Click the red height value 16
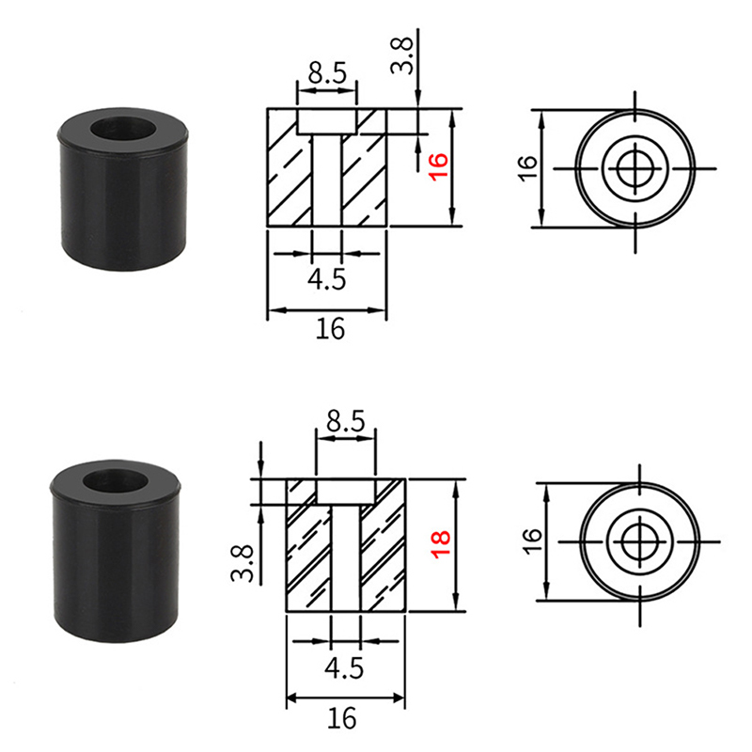(x=439, y=167)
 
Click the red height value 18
(x=441, y=544)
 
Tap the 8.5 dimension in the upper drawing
(x=327, y=73)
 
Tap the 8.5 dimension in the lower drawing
(x=346, y=421)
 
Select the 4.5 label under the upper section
(x=326, y=279)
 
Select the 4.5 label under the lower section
(x=344, y=667)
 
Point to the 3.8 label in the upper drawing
(x=402, y=55)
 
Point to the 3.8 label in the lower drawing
(x=243, y=563)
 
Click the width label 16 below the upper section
(x=330, y=329)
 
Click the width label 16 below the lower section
(x=342, y=718)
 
